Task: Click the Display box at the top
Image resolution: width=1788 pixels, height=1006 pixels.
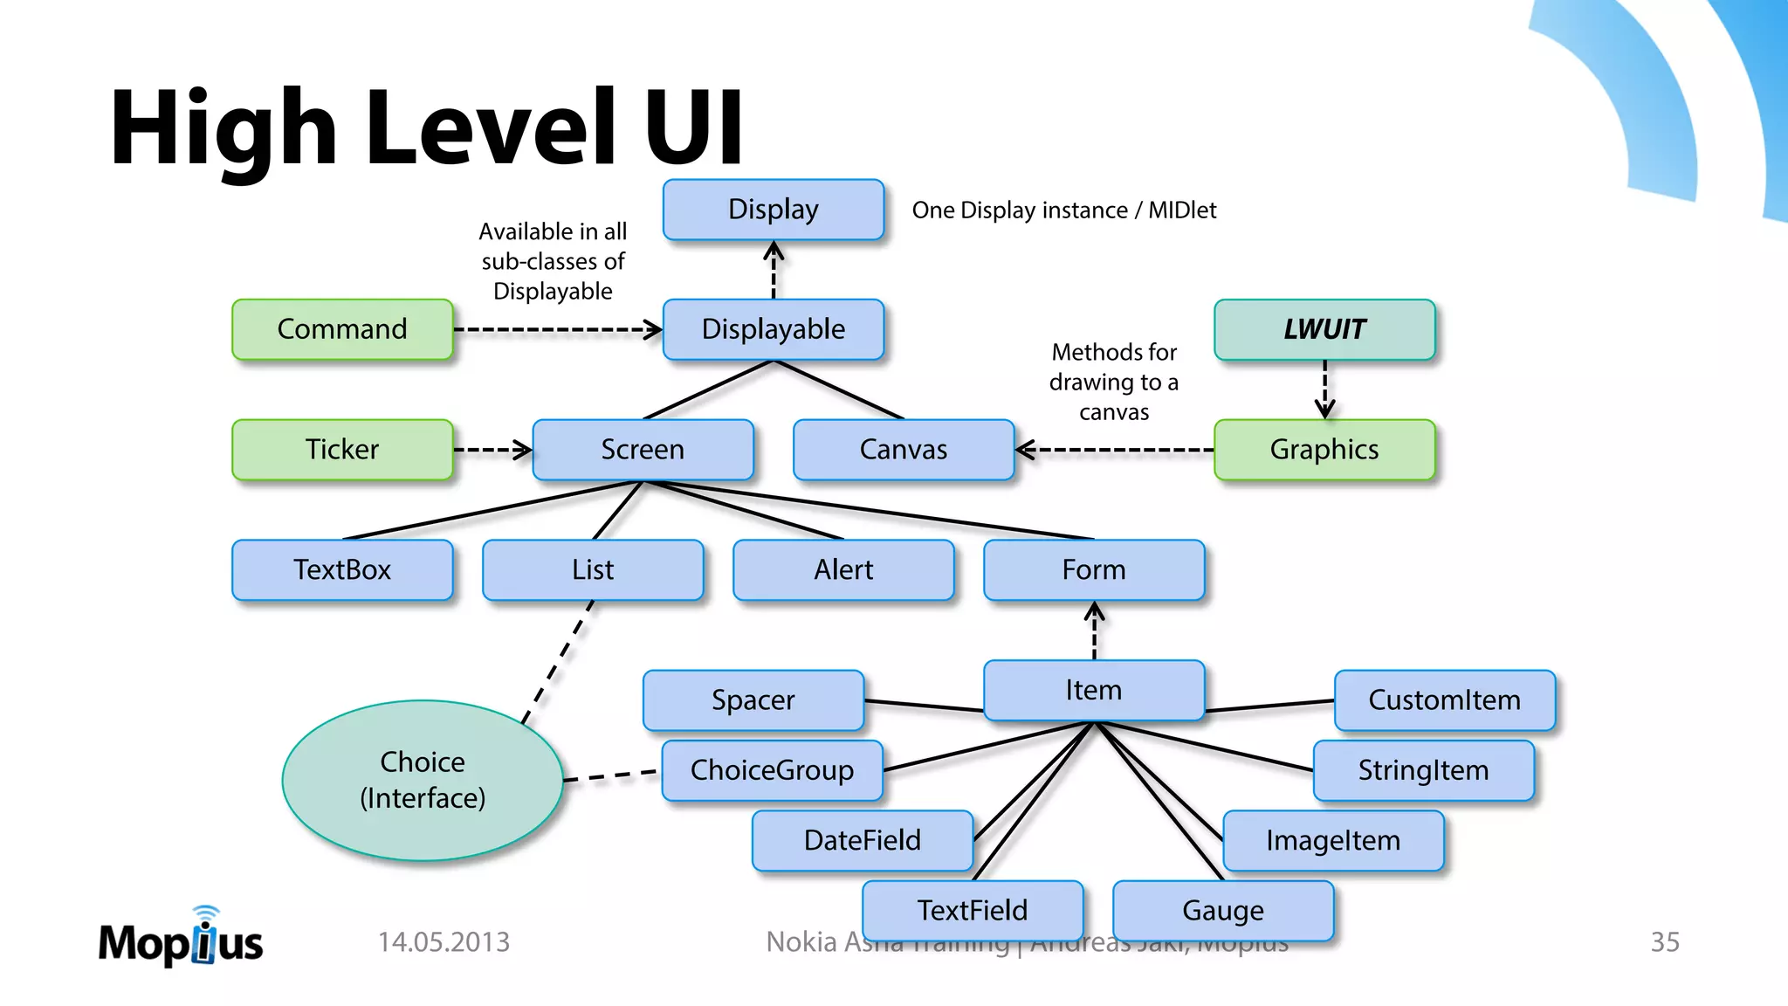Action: click(773, 210)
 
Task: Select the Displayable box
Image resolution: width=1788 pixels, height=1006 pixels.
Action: click(773, 329)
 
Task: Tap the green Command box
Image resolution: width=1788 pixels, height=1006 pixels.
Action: click(342, 329)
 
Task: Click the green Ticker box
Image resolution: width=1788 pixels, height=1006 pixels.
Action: click(342, 450)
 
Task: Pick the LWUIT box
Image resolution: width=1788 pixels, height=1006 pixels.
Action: click(1324, 329)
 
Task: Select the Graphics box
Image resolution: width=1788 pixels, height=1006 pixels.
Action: click(1324, 450)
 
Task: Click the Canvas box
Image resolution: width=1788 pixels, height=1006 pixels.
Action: click(903, 450)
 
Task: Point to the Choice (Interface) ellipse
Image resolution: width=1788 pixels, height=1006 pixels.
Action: click(423, 780)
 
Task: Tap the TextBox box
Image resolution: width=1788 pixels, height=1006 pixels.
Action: click(342, 569)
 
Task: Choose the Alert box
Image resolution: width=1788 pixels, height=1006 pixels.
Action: click(843, 569)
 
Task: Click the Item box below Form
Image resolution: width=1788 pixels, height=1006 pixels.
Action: click(1093, 690)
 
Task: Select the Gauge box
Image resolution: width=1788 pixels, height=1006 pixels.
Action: click(1222, 910)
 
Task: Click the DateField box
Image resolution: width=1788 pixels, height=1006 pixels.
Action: click(862, 840)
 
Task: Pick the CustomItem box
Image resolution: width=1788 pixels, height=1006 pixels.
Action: click(1444, 699)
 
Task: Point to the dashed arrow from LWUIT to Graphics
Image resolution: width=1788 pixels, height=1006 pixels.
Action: click(1324, 389)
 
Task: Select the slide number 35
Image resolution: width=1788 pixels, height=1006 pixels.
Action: click(1664, 942)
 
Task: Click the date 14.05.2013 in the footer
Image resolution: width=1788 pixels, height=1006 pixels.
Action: click(444, 942)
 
